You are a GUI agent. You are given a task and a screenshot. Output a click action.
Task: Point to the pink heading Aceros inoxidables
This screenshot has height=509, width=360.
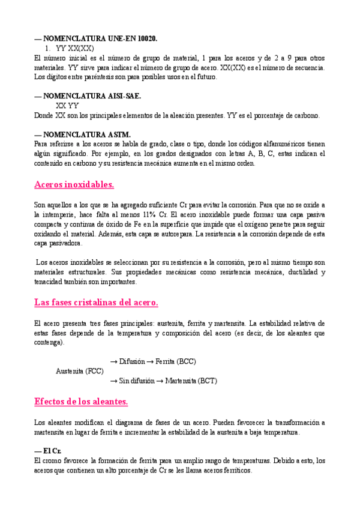pos(74,184)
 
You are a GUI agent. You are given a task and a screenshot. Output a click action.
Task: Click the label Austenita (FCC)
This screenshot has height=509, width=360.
pos(80,370)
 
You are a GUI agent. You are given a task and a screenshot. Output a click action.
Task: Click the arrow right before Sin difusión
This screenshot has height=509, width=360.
pos(114,381)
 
